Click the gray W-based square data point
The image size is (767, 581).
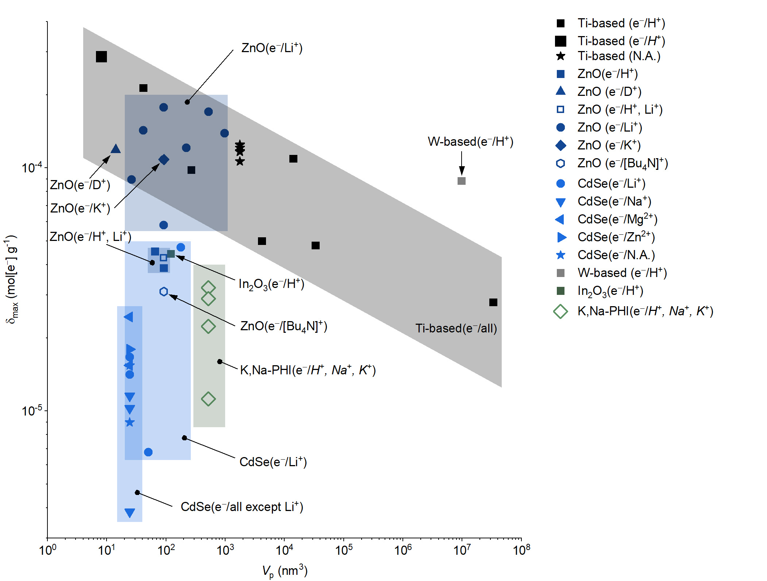(x=461, y=181)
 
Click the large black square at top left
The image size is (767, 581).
(x=101, y=57)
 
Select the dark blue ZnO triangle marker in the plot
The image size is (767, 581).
(x=116, y=149)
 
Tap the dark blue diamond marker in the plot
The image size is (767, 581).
(x=164, y=159)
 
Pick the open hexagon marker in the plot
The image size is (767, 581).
(x=163, y=292)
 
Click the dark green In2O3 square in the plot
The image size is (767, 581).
(x=171, y=254)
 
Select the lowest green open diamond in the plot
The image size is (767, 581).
(x=208, y=399)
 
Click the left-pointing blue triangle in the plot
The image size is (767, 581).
(x=129, y=317)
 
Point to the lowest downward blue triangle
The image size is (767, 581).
(x=130, y=513)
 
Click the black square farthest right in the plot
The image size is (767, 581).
(x=493, y=302)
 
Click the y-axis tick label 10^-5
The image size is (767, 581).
(x=32, y=411)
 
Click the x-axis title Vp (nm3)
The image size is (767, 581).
(x=285, y=571)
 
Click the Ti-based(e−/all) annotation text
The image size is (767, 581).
(x=456, y=328)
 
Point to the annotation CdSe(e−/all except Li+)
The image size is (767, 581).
(x=242, y=507)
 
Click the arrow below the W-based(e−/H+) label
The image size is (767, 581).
(x=462, y=163)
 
